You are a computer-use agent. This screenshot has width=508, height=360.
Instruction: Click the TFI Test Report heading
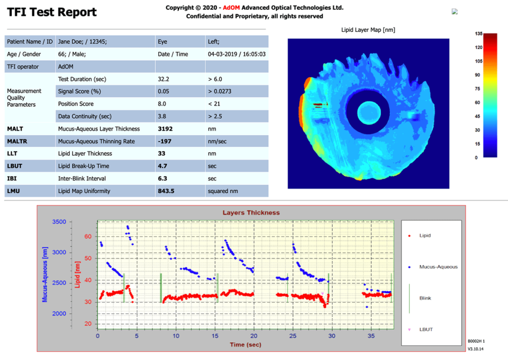pyautogui.click(x=52, y=12)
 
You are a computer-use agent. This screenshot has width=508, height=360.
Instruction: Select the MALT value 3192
pyautogui.click(x=166, y=129)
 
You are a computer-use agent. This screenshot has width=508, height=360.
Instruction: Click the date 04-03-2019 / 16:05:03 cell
pyautogui.click(x=237, y=54)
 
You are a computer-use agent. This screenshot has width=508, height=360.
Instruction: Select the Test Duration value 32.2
pyautogui.click(x=163, y=79)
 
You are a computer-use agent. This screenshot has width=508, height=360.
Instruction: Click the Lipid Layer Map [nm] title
pyautogui.click(x=368, y=30)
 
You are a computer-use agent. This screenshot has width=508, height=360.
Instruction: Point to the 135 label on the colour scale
pyautogui.click(x=479, y=34)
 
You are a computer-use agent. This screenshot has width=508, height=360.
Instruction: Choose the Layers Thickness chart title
pyautogui.click(x=251, y=213)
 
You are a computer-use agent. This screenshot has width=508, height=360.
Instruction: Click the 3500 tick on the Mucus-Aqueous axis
pyautogui.click(x=56, y=222)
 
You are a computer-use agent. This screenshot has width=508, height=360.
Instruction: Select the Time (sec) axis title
pyautogui.click(x=246, y=344)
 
